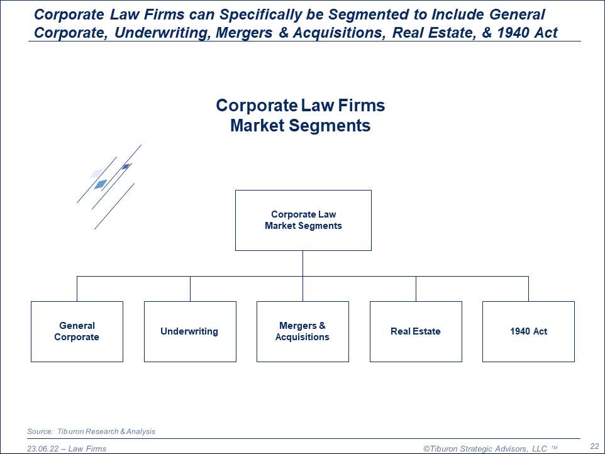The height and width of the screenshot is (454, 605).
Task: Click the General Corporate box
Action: (x=77, y=331)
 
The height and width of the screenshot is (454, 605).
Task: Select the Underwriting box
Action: (x=190, y=331)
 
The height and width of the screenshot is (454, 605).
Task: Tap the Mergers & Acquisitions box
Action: (x=302, y=331)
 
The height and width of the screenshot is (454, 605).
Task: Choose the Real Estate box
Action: (x=416, y=331)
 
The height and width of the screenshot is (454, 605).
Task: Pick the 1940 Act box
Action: (x=528, y=331)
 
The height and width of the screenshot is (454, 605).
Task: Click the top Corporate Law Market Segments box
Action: (x=303, y=220)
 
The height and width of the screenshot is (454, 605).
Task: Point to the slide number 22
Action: (x=594, y=446)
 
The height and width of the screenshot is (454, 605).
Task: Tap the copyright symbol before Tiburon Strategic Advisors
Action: (x=426, y=448)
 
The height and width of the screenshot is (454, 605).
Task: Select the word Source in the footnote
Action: (x=39, y=431)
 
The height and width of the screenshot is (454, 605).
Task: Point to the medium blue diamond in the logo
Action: (x=101, y=184)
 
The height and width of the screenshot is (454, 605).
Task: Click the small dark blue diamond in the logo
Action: (x=126, y=167)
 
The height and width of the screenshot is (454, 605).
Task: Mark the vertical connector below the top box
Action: (x=303, y=263)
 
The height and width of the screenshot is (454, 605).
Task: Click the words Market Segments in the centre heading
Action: (x=300, y=126)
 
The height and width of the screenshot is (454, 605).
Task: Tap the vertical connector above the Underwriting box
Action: (x=190, y=289)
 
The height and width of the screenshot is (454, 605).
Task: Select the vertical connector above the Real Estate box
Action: (x=416, y=289)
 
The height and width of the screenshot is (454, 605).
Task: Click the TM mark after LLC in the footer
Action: (x=554, y=448)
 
